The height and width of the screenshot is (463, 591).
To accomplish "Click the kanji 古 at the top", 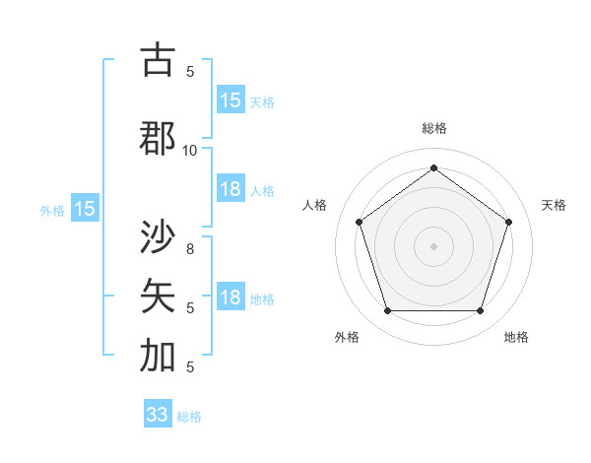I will (159, 61).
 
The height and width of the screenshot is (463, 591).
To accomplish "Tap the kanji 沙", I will (159, 237).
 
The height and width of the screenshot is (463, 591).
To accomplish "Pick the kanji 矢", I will (159, 295).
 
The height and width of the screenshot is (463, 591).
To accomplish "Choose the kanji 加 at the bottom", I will (159, 356).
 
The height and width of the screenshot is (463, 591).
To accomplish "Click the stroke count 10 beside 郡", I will (190, 150).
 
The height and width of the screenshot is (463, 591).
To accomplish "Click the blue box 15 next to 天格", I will (230, 100).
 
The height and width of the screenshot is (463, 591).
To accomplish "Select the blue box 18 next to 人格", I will (230, 189).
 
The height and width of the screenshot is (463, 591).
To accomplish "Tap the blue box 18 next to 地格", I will (230, 298).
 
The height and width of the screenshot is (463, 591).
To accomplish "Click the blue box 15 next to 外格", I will (85, 209).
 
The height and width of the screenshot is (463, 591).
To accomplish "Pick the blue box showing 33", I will (158, 415).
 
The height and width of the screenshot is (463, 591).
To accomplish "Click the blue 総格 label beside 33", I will (190, 417).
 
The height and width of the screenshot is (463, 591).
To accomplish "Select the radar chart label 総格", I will (433, 128).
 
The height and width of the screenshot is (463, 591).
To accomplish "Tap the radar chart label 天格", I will (555, 205).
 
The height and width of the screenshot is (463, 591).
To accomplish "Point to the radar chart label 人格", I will (315, 205).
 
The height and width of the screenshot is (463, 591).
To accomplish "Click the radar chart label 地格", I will (516, 337).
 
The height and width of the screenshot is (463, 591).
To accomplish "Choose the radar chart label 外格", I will (347, 337).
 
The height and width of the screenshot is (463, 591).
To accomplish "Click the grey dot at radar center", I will (433, 245).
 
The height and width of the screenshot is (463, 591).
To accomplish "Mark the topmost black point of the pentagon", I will (433, 167).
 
